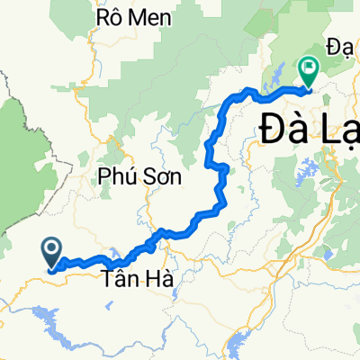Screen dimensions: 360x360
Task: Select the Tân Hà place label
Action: pyautogui.click(x=136, y=281)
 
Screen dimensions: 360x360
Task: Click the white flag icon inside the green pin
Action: pyautogui.click(x=308, y=66)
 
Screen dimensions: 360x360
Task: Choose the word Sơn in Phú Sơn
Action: pyautogui.click(x=162, y=178)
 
